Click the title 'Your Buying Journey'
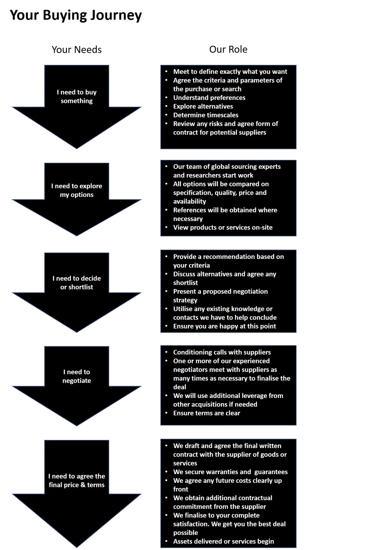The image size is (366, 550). pyautogui.click(x=76, y=15)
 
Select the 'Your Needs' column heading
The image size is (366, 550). pyautogui.click(x=77, y=50)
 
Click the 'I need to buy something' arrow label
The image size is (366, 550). pyautogui.click(x=77, y=96)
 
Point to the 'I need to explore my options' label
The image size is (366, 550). pyautogui.click(x=77, y=190)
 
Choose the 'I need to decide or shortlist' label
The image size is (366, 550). pyautogui.click(x=77, y=283)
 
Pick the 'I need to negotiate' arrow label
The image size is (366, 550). pyautogui.click(x=77, y=376)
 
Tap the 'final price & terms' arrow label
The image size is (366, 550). pyautogui.click(x=77, y=485)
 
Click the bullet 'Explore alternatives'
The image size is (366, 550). pyautogui.click(x=203, y=106)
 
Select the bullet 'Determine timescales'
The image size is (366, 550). pyautogui.click(x=206, y=115)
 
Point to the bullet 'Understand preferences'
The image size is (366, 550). pyautogui.click(x=209, y=98)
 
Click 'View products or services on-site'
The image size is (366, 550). pyautogui.click(x=223, y=227)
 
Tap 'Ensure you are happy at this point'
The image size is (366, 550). pyautogui.click(x=224, y=326)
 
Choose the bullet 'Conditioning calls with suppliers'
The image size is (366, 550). pyautogui.click(x=222, y=352)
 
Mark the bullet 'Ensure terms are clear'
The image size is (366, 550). pyautogui.click(x=206, y=413)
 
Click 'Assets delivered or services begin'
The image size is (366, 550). pyautogui.click(x=223, y=541)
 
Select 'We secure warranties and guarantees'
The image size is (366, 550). pyautogui.click(x=230, y=472)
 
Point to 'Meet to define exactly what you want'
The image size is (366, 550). pyautogui.click(x=230, y=72)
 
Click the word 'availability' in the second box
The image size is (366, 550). pyautogui.click(x=190, y=201)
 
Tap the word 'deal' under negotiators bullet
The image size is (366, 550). pyautogui.click(x=180, y=387)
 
